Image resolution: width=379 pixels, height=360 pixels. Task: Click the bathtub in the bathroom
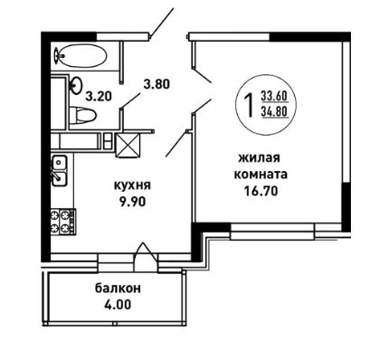click(x=81, y=56)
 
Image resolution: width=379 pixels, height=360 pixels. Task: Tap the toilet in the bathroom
click(x=83, y=115)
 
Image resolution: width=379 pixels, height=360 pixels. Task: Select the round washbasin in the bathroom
click(x=76, y=85)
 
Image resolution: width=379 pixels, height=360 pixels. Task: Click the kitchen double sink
click(x=60, y=170)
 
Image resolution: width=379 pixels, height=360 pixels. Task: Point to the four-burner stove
click(x=63, y=223)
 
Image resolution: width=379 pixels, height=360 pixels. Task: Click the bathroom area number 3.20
click(x=99, y=97)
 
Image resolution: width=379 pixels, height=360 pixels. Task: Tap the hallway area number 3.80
click(x=156, y=84)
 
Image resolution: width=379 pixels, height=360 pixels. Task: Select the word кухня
click(x=132, y=185)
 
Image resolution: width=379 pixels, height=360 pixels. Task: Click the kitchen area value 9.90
click(x=132, y=201)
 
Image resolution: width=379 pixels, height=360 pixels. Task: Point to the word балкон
click(x=118, y=289)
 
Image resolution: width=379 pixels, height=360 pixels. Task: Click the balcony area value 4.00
click(x=118, y=305)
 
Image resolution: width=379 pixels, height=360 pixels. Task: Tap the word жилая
click(x=259, y=158)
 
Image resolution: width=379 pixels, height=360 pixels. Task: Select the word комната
click(x=261, y=175)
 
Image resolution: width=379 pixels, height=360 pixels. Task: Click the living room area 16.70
click(x=261, y=191)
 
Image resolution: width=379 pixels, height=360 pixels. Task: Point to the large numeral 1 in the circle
click(x=249, y=104)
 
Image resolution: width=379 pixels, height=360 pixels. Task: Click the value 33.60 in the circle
click(x=274, y=96)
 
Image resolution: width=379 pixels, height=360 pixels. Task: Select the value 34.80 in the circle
click(x=274, y=112)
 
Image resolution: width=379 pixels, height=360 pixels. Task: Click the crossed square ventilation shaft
click(x=128, y=146)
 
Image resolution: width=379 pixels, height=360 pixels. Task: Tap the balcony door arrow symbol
click(x=146, y=256)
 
